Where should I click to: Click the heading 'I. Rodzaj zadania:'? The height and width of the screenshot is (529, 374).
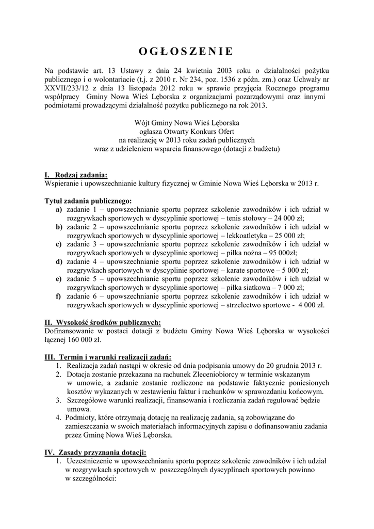pyautogui.click(x=76, y=175)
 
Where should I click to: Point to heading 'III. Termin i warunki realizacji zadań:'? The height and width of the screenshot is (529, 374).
pyautogui.click(x=108, y=357)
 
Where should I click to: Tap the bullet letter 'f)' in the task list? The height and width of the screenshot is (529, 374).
pyautogui.click(x=59, y=296)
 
